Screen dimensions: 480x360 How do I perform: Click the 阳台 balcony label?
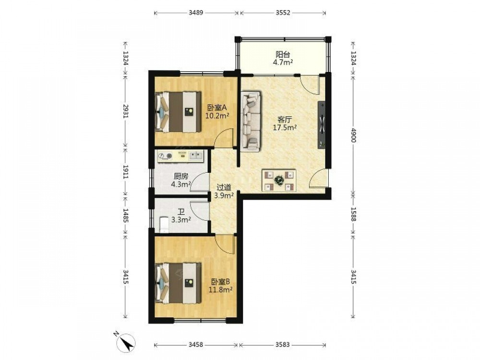click(283, 55)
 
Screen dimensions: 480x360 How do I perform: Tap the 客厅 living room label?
click(284, 120)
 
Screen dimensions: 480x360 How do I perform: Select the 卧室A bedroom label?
click(217, 108)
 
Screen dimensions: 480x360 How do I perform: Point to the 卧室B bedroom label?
click(220, 281)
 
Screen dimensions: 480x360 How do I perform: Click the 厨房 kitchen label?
click(181, 176)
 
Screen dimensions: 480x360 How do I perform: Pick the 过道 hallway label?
click(224, 187)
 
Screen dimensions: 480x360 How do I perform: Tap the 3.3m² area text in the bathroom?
click(181, 219)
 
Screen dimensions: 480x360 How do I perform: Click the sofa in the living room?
click(251, 121)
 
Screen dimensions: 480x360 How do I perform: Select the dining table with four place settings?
click(279, 180)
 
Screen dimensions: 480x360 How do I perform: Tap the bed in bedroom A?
click(178, 112)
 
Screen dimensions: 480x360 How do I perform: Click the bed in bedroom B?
click(178, 283)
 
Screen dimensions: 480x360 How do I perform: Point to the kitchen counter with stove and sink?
click(180, 156)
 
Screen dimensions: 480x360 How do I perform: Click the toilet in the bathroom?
click(164, 224)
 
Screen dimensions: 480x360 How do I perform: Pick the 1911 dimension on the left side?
click(125, 171)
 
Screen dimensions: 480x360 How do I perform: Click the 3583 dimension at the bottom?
click(282, 345)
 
